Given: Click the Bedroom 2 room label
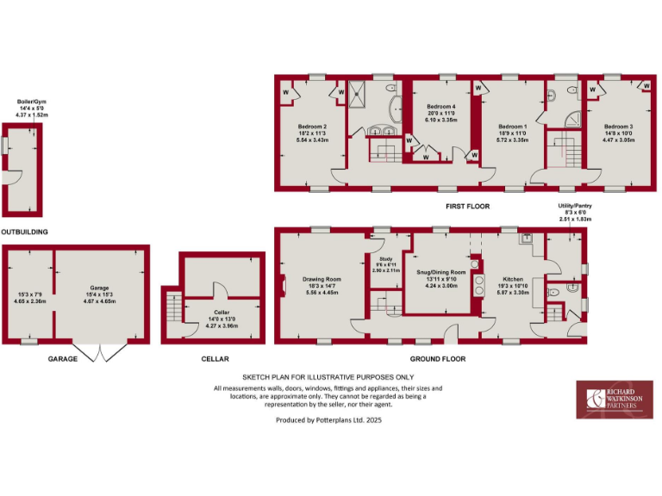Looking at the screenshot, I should point(312,127).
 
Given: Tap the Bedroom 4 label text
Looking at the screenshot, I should point(440,107).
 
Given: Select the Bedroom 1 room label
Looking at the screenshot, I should point(512,127).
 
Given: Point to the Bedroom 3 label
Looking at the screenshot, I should point(618,127).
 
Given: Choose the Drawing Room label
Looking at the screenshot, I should point(322,279).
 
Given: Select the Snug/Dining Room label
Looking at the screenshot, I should point(441,272).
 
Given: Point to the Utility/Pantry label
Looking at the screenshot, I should point(575,207).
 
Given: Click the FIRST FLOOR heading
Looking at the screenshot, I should point(467,207).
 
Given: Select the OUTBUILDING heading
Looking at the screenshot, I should point(24,232).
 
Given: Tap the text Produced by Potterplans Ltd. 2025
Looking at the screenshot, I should point(328,420).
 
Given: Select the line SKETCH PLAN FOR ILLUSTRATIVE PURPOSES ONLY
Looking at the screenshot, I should point(328,377).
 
